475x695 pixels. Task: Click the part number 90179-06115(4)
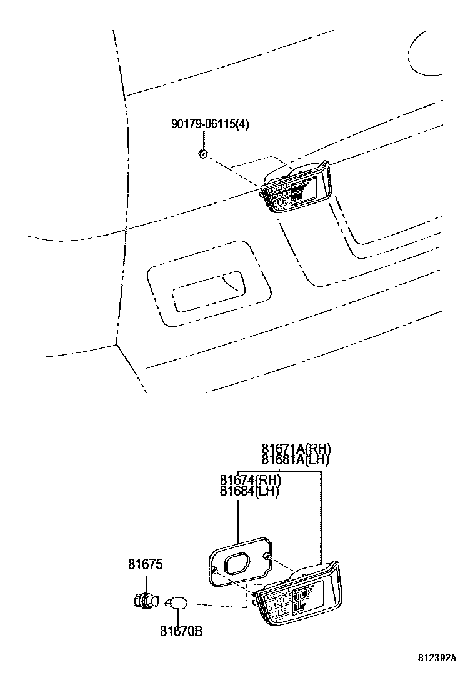click(209, 124)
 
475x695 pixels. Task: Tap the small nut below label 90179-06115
click(202, 154)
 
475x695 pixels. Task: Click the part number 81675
click(146, 564)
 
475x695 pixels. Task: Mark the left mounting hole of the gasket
click(214, 570)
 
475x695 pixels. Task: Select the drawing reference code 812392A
click(437, 658)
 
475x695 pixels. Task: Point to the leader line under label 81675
click(146, 581)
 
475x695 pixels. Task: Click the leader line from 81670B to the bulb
click(179, 617)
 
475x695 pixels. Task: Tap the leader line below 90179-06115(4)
click(204, 140)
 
